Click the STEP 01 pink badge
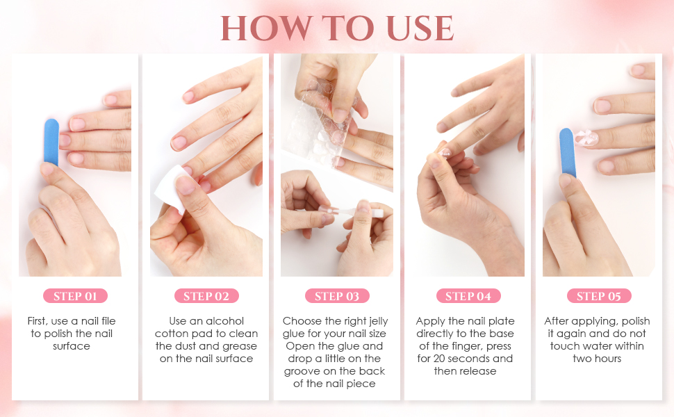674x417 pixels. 75,296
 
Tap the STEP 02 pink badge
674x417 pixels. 206,296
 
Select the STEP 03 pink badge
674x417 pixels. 337,296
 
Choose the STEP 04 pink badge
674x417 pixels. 468,296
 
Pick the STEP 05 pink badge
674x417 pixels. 599,296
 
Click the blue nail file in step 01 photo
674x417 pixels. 51,142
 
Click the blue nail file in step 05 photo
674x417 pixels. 567,152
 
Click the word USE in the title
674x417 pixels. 415,28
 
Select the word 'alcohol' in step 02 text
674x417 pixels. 224,321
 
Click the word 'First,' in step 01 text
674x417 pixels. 41,321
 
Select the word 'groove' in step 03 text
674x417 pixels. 304,371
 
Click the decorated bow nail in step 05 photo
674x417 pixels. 588,136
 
